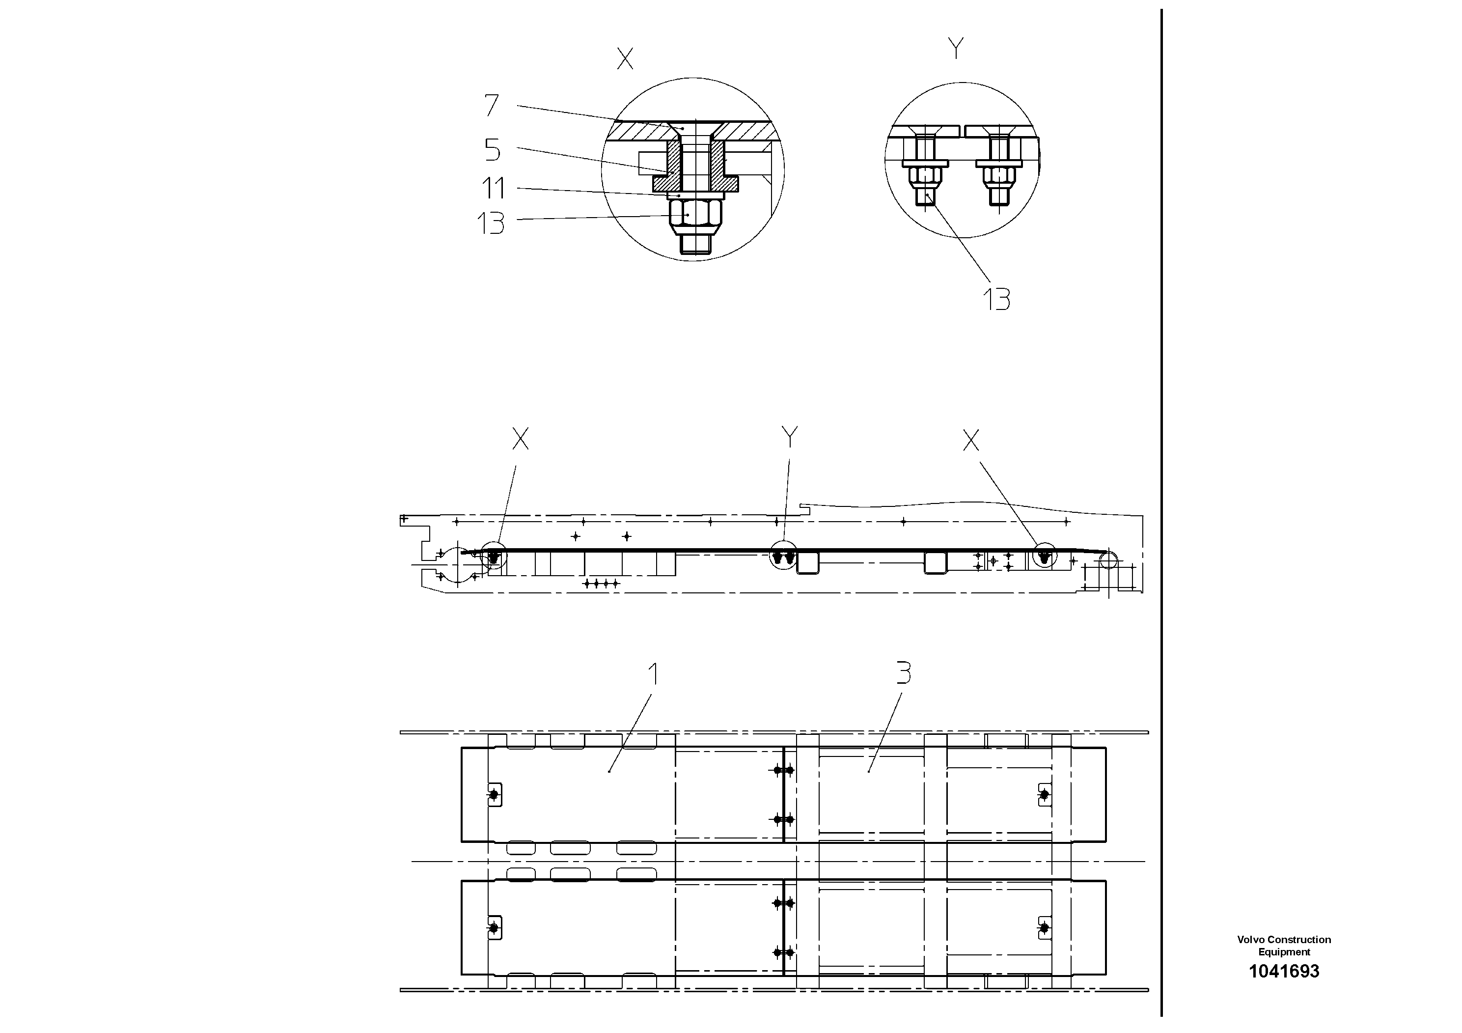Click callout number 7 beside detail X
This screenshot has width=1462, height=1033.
pyautogui.click(x=491, y=106)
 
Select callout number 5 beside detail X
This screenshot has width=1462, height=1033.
pyautogui.click(x=492, y=150)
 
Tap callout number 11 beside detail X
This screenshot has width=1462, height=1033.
pyautogui.click(x=494, y=189)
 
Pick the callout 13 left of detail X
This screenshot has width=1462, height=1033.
pyautogui.click(x=491, y=223)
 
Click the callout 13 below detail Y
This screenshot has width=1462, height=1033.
pyautogui.click(x=996, y=299)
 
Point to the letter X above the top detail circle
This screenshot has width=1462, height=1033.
pyautogui.click(x=625, y=59)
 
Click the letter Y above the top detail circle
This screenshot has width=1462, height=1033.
pyautogui.click(x=956, y=49)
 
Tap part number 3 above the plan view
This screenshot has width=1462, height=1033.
pyautogui.click(x=904, y=672)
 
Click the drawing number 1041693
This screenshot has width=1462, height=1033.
pyautogui.click(x=1284, y=971)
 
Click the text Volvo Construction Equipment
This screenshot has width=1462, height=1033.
pyautogui.click(x=1284, y=946)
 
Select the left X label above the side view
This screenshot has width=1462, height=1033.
pyautogui.click(x=520, y=439)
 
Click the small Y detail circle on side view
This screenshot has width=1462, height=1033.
pyautogui.click(x=783, y=556)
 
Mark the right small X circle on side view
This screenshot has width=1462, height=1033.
pyautogui.click(x=1044, y=556)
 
